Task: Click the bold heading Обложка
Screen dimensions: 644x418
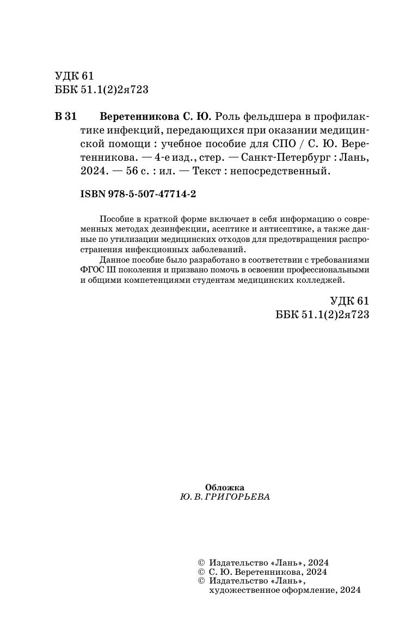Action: coord(224,487)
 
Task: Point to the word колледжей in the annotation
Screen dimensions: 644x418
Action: coord(325,280)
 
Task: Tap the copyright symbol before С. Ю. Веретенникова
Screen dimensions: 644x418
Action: coord(200,571)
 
